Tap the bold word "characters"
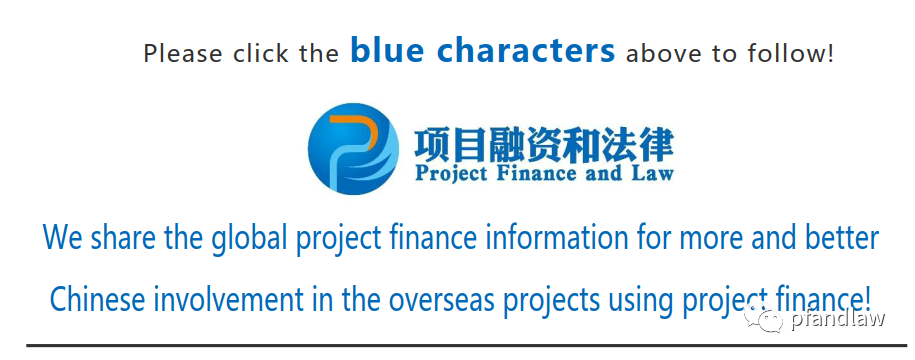coord(526,50)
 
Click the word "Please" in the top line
coord(183,53)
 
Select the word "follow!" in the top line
coord(791,53)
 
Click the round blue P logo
coord(353,148)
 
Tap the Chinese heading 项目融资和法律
coord(544,145)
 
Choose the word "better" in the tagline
coord(840,237)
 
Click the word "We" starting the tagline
coord(63,238)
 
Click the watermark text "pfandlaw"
coord(838,319)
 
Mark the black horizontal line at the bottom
coord(466,345)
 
